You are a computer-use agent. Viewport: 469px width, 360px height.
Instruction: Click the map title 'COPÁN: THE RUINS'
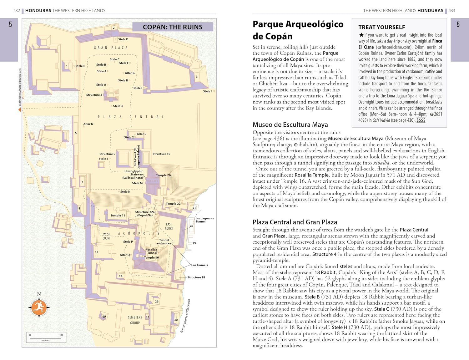pyautogui.click(x=173, y=27)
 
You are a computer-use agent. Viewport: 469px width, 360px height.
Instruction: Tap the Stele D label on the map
pyautogui.click(x=123, y=39)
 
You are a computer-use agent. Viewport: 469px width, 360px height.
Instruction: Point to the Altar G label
pyautogui.click(x=130, y=73)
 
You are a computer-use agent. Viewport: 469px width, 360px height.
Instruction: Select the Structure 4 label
pyautogui.click(x=94, y=95)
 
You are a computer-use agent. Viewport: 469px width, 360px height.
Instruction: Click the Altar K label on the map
pyautogui.click(x=88, y=124)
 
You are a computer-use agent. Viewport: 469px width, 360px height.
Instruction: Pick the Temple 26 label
pyautogui.click(x=163, y=175)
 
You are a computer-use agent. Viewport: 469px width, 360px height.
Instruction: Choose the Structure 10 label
pyautogui.click(x=161, y=154)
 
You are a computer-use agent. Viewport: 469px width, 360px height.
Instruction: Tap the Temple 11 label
pyautogui.click(x=118, y=215)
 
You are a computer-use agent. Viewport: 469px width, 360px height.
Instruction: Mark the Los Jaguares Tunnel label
pyautogui.click(x=204, y=220)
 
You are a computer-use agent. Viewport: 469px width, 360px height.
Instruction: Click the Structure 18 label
pyautogui.click(x=196, y=277)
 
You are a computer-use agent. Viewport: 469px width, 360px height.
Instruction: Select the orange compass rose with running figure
pyautogui.click(x=39, y=307)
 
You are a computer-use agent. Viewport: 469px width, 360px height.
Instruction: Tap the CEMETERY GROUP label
pyautogui.click(x=135, y=320)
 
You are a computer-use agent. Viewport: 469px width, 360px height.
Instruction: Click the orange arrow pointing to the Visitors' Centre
pyautogui.click(x=19, y=109)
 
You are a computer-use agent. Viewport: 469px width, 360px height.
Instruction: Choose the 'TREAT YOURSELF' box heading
pyautogui.click(x=381, y=28)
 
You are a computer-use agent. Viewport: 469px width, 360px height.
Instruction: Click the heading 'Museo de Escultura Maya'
pyautogui.click(x=290, y=125)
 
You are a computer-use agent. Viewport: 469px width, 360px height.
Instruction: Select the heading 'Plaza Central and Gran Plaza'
pyautogui.click(x=295, y=222)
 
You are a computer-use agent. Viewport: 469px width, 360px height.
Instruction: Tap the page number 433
pyautogui.click(x=452, y=11)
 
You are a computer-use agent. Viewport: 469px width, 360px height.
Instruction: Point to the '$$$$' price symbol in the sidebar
pyautogui.click(x=421, y=120)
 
